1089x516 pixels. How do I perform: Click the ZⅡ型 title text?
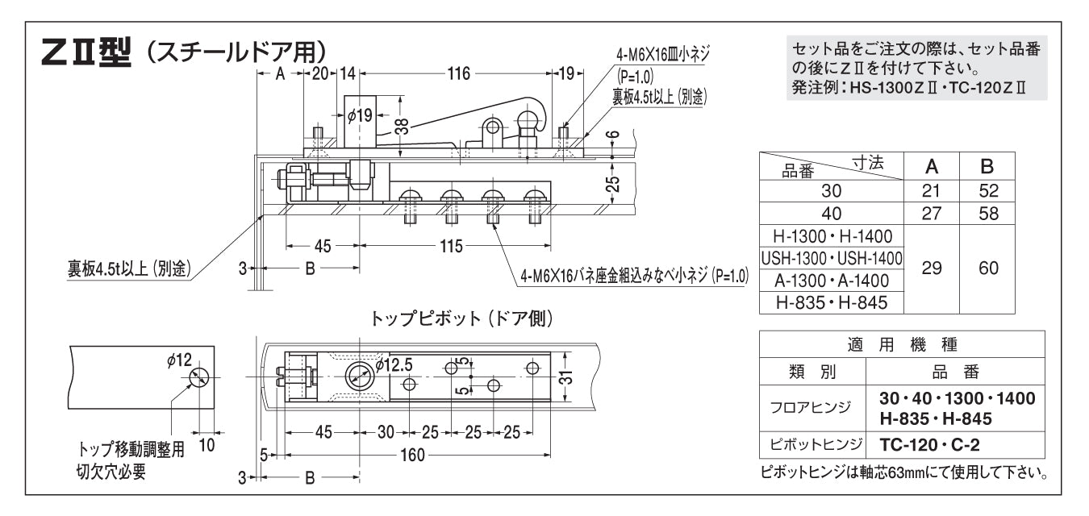coord(89,57)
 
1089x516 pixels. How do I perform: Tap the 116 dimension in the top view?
coord(458,74)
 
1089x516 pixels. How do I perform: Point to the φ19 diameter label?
coord(360,114)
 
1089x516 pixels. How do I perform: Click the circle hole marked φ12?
coord(199,377)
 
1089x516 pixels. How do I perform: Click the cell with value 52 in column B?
coord(988,191)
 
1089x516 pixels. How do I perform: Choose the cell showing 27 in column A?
coord(932,214)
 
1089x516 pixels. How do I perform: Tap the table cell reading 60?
coord(988,269)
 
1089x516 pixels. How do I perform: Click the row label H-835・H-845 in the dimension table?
coord(832,303)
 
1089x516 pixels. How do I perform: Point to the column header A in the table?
coord(932,167)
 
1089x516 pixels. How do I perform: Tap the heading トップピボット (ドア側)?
coord(461,319)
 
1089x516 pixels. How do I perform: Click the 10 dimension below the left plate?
coord(207,444)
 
